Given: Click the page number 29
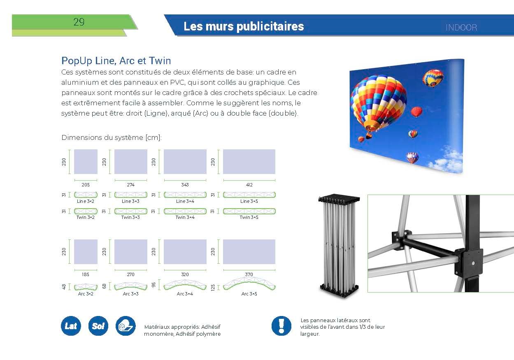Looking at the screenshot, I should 79,22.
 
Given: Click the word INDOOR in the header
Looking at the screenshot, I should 461,28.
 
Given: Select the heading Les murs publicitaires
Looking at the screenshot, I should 244,26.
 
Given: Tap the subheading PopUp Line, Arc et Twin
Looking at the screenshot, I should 116,61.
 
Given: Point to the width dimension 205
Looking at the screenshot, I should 86,185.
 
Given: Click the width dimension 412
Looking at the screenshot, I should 249,185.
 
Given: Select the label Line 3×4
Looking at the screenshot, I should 185,201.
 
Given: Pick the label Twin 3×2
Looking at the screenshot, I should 86,217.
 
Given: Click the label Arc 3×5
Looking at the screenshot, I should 249,294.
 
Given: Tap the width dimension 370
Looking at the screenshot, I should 249,274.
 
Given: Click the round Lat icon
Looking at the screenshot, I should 71,326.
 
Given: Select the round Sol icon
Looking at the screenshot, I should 98,326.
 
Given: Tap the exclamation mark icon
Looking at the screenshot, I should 281,326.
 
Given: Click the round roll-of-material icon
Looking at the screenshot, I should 126,326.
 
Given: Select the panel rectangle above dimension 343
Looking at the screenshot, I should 185,162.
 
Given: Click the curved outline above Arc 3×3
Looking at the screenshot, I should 130,286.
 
